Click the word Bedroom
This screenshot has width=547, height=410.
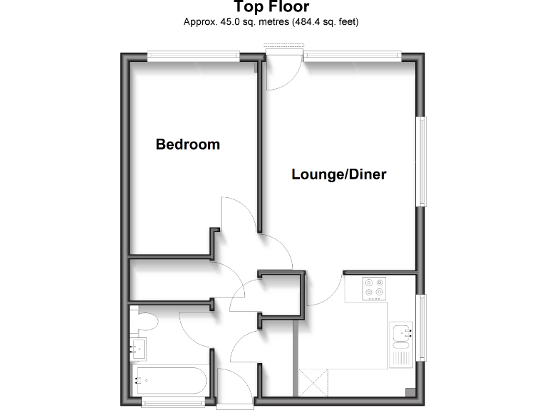[x=188, y=144]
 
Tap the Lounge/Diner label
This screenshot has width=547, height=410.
[x=339, y=174]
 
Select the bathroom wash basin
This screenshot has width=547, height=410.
[x=138, y=348]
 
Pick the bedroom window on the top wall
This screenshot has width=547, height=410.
[x=194, y=55]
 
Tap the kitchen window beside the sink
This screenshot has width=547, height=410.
[x=422, y=329]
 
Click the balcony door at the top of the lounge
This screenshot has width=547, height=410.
[x=281, y=70]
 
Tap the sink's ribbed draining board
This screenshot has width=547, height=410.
[x=400, y=353]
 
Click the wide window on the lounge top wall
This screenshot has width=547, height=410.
[x=352, y=55]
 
